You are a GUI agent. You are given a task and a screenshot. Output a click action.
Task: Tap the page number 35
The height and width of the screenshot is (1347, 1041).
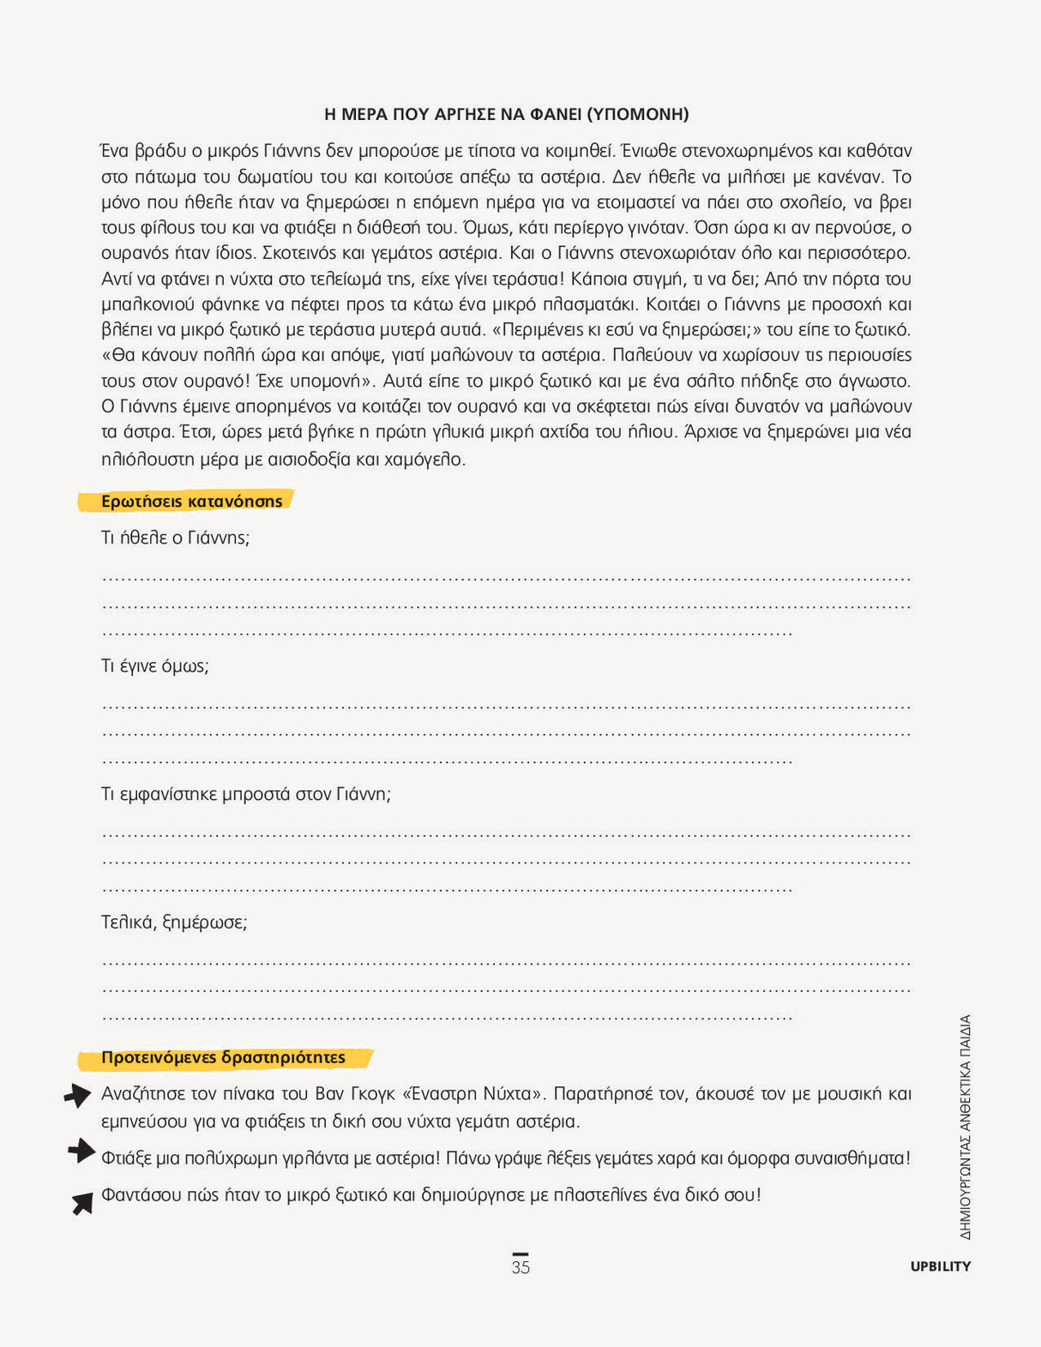coord(520,1267)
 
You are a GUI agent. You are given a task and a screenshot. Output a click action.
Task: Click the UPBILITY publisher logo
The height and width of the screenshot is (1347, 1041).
coord(940,1266)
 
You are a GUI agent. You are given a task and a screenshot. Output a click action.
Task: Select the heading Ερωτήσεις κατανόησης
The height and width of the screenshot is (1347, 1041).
coord(191,502)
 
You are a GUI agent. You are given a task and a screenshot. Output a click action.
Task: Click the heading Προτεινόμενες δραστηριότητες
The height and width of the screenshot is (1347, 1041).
coord(223,1058)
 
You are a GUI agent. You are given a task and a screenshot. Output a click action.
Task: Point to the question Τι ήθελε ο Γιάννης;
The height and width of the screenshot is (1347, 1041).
coord(175,538)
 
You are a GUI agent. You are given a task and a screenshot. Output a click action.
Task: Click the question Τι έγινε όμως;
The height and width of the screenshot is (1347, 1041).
coord(155,666)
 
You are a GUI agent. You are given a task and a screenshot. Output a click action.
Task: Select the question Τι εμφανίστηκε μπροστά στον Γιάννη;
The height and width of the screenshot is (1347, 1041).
coord(245,795)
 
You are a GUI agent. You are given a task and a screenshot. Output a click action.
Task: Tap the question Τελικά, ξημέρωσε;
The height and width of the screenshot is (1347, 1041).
coord(174,923)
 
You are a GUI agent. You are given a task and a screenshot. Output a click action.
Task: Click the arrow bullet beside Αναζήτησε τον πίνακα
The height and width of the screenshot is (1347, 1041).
coord(78,1095)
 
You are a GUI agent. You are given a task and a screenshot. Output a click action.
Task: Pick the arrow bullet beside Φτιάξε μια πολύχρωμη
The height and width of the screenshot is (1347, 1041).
coord(81,1151)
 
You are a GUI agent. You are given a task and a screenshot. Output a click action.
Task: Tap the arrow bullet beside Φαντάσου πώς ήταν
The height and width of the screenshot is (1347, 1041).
coord(82,1203)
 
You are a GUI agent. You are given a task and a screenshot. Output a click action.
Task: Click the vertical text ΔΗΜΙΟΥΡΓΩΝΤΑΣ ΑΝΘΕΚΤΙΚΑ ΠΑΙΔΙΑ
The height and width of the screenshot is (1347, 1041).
coord(966,1128)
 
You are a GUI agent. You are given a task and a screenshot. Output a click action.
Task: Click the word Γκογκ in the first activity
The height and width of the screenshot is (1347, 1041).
coord(372,1094)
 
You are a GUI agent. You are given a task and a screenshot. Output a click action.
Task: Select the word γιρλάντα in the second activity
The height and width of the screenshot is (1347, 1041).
coord(311,1158)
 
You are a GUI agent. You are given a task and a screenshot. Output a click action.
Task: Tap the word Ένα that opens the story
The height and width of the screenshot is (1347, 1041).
coord(115,151)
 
